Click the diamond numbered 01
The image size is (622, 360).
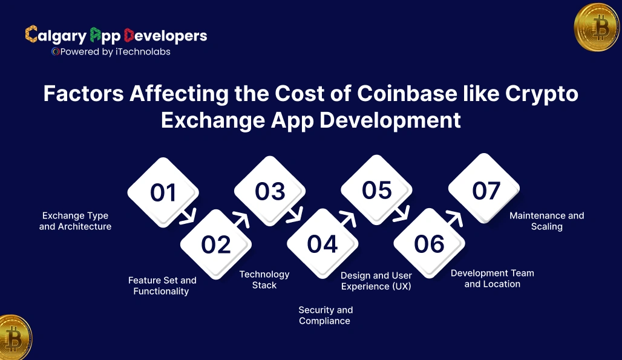pos(163,192)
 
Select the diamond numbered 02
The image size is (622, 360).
pos(216,244)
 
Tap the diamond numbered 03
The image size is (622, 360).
pos(269,191)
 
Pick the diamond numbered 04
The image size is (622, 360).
pos(322,244)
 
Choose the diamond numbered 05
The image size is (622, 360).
pos(376,190)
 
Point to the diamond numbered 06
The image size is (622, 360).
pos(429,244)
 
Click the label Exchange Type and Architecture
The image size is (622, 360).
pos(75,221)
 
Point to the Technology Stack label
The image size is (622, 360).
pos(264,280)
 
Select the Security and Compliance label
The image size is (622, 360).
pos(325,315)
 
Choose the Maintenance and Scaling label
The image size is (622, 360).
pos(546,221)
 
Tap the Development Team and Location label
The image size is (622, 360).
pos(492,278)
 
